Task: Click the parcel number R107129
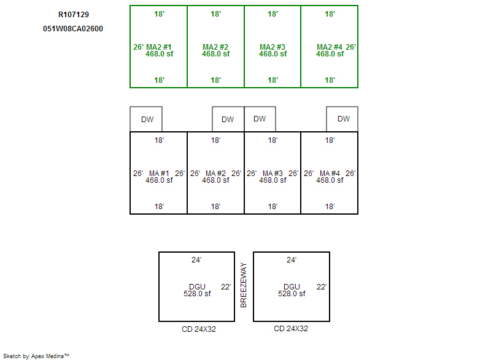click(74, 14)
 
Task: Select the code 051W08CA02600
click(73, 29)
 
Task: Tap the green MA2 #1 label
click(159, 47)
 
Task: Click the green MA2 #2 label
click(215, 47)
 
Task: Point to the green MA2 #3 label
click(273, 47)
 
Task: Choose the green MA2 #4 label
click(330, 47)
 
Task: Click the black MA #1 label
click(159, 174)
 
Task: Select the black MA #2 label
click(216, 174)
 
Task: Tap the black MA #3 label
click(273, 174)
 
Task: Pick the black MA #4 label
click(330, 174)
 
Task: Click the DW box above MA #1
click(146, 119)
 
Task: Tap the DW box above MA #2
click(228, 119)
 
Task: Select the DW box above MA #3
click(260, 119)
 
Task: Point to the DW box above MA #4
click(342, 119)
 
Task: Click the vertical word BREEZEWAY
click(244, 285)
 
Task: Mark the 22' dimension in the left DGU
click(226, 287)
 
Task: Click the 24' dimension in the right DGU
click(291, 260)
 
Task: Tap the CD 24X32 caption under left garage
click(199, 329)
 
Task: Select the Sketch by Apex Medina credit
click(36, 356)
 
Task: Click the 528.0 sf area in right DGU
click(292, 294)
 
